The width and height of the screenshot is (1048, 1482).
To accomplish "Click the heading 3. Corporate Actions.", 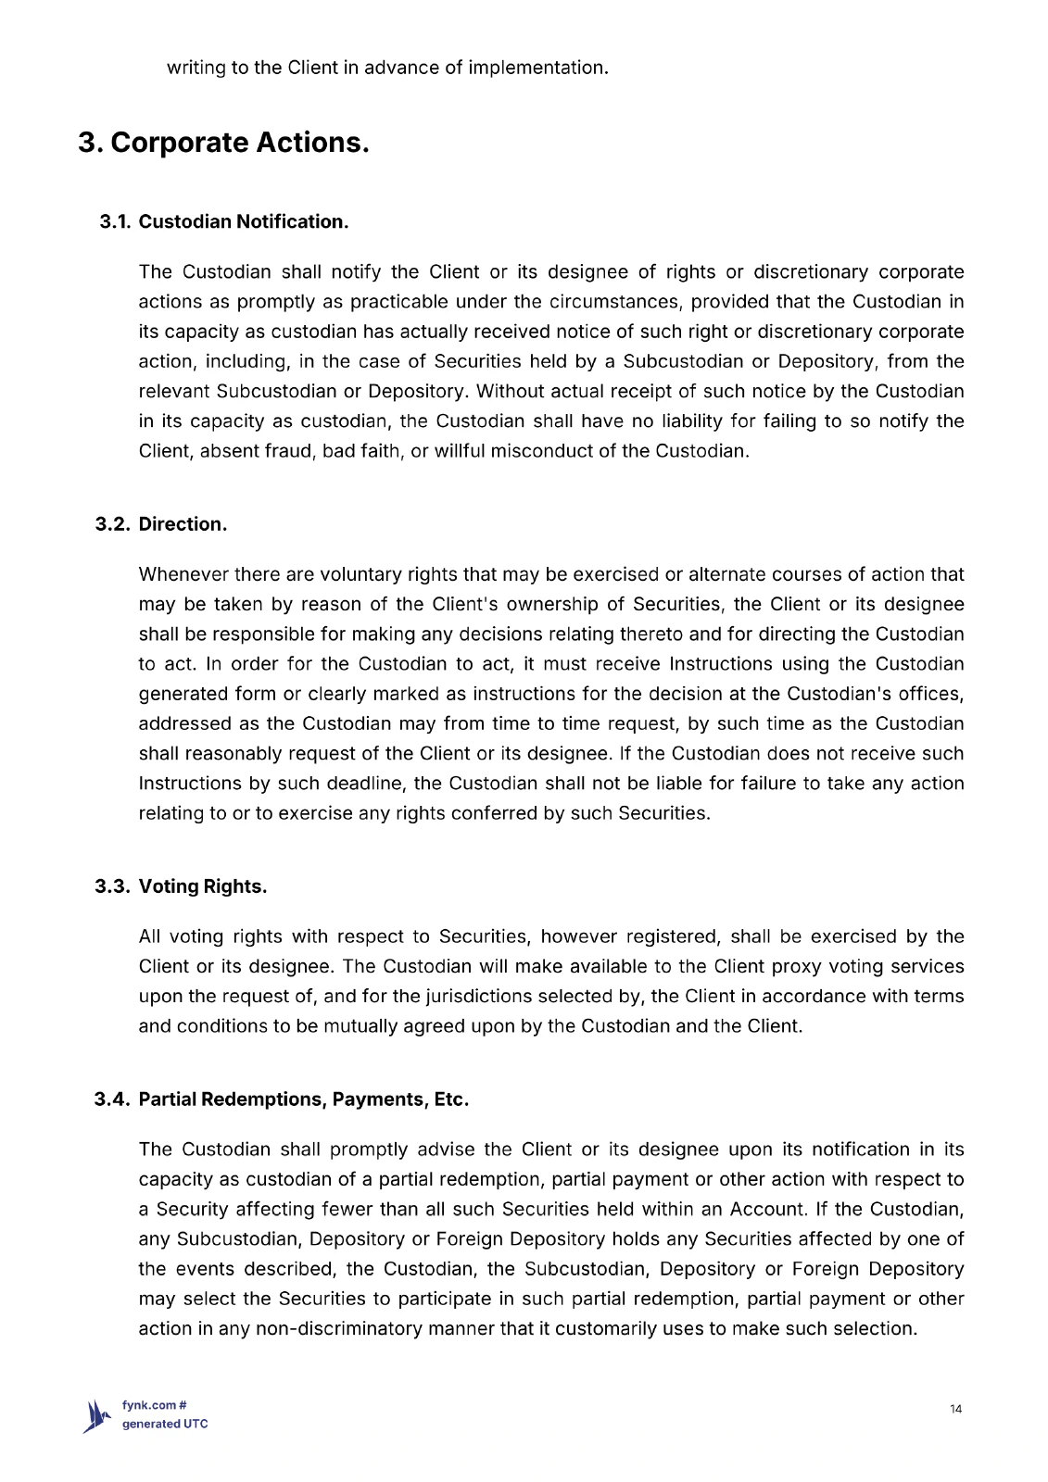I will (223, 143).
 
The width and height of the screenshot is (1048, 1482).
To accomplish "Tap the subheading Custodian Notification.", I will (244, 221).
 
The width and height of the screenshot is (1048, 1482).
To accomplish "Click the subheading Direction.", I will (183, 524).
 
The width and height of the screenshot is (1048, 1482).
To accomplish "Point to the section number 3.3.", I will (113, 886).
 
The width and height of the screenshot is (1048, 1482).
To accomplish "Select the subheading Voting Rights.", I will (203, 886).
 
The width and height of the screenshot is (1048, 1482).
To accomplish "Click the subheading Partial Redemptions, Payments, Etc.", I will (304, 1099).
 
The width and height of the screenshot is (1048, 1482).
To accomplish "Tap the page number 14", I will (956, 1409).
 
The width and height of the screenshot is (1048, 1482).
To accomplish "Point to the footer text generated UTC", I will (165, 1424).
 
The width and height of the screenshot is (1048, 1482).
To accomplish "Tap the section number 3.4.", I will (112, 1099).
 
